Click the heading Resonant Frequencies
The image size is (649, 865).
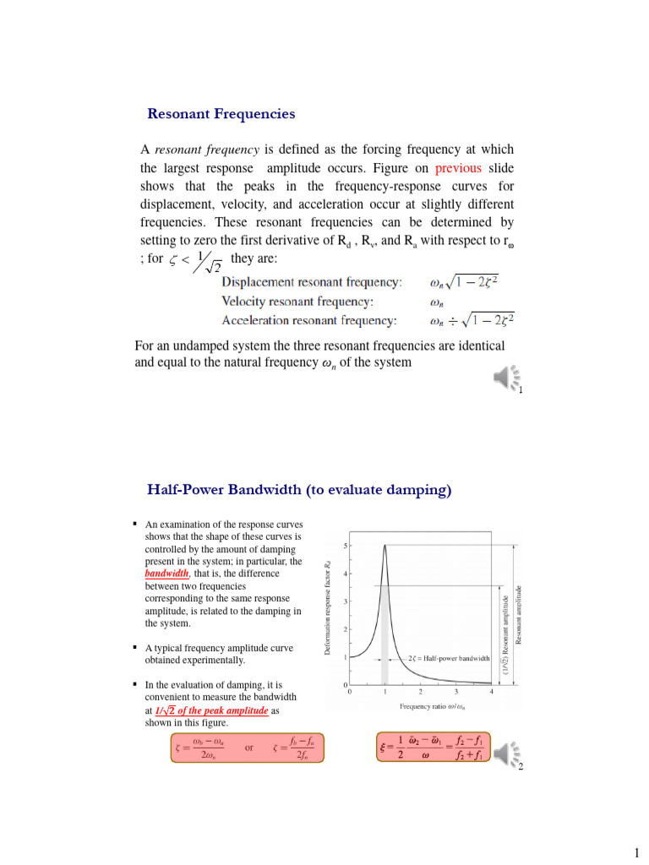click(221, 113)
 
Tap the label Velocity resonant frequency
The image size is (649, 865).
click(298, 301)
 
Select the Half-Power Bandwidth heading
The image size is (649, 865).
click(299, 489)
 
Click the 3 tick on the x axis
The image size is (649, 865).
click(455, 692)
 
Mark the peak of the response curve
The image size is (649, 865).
click(385, 546)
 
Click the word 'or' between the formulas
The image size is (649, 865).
click(248, 748)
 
